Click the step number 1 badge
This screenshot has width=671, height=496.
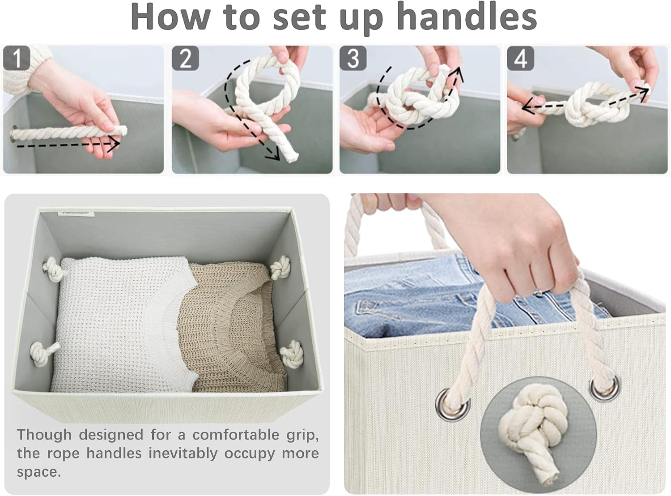tap(17, 58)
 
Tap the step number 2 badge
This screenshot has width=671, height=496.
tap(185, 58)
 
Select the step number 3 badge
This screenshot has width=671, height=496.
tap(353, 58)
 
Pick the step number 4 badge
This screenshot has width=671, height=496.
tap(520, 58)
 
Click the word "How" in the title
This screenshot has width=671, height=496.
tap(170, 17)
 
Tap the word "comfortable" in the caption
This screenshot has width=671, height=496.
tap(236, 435)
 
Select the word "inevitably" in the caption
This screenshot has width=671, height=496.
tap(183, 453)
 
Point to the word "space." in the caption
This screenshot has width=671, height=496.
tap(39, 472)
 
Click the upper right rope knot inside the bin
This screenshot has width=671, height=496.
tap(280, 267)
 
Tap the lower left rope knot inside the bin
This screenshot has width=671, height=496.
tap(42, 354)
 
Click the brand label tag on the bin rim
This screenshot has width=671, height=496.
tap(76, 214)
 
